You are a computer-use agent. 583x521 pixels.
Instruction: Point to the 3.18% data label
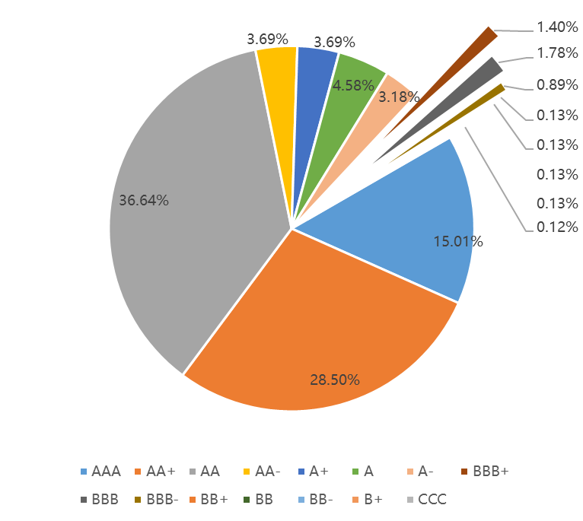(399, 97)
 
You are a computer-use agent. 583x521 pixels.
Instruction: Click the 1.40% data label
(557, 27)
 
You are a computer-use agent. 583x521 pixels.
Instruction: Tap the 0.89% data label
(557, 84)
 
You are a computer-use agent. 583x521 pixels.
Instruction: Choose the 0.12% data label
(557, 227)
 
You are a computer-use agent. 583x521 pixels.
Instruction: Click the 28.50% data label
(335, 380)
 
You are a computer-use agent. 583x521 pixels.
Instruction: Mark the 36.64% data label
(144, 201)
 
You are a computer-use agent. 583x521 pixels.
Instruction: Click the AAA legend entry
(100, 472)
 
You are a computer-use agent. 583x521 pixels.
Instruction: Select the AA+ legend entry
(155, 472)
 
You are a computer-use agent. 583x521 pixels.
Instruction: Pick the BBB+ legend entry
(484, 472)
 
